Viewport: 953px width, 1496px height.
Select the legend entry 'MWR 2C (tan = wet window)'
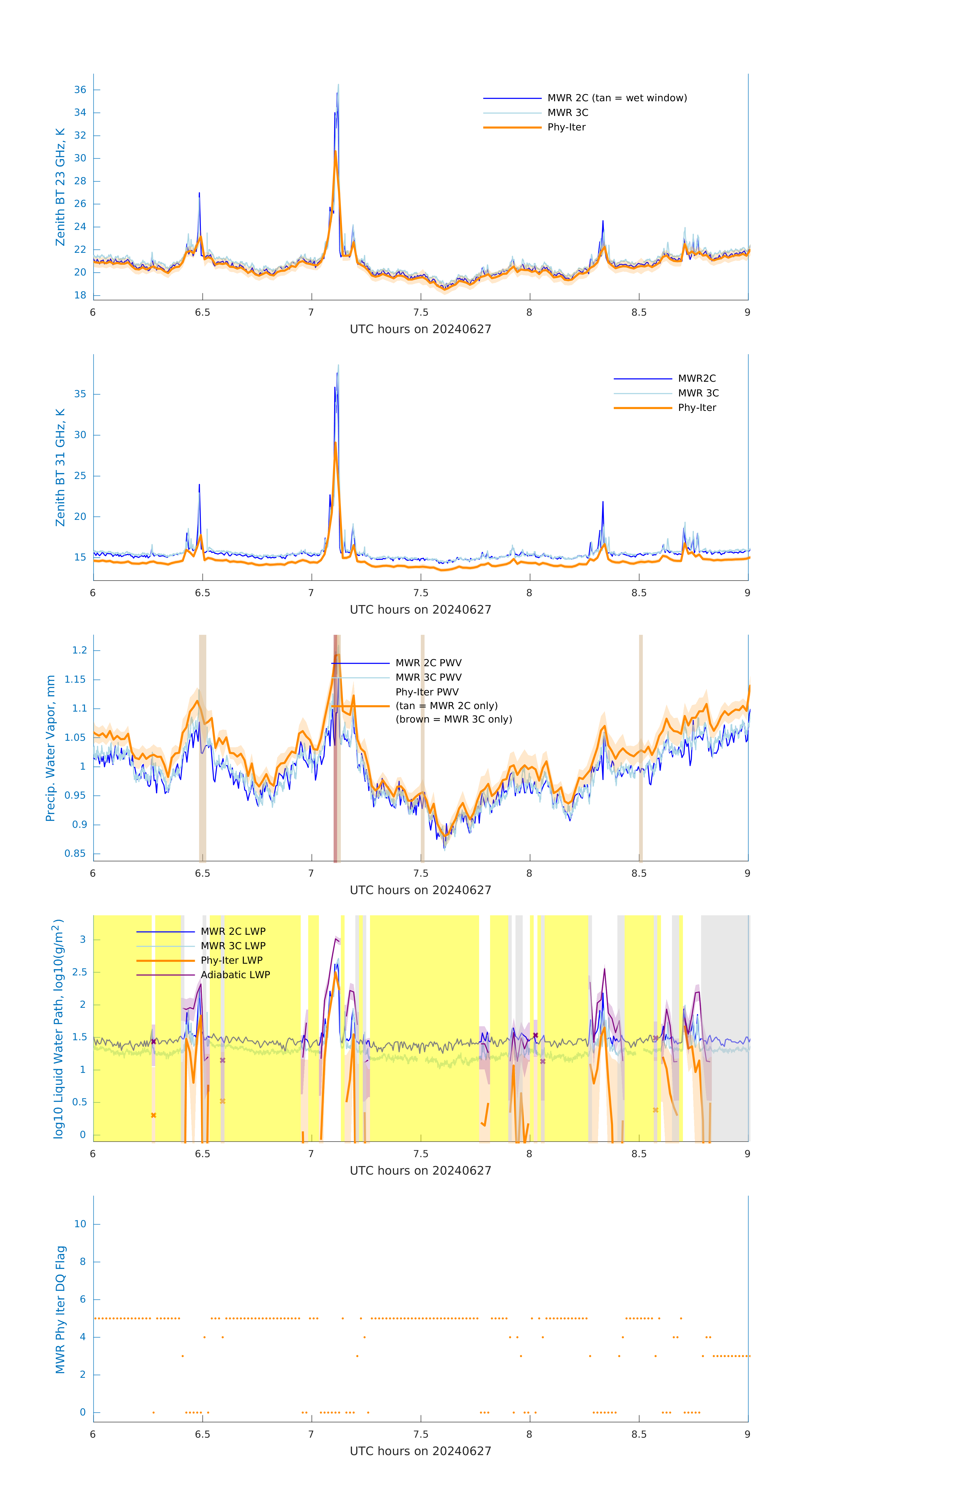(616, 98)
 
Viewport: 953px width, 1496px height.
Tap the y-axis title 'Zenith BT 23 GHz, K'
(60, 187)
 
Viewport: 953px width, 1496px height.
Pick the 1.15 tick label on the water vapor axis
(75, 680)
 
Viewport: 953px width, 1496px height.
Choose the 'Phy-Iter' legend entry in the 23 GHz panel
(566, 127)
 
